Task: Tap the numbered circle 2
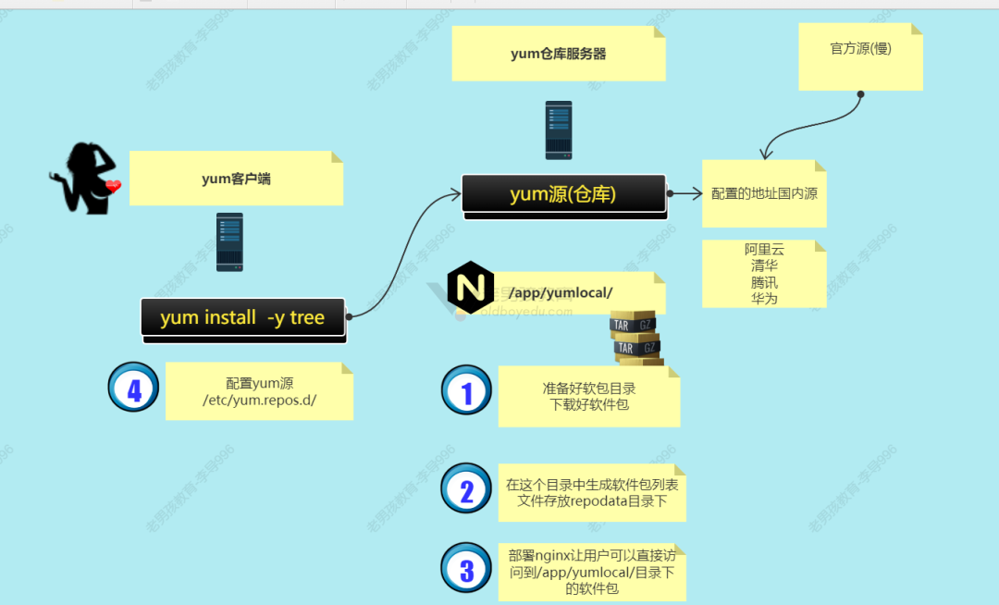(466, 489)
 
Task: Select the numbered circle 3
(466, 568)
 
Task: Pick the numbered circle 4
(133, 388)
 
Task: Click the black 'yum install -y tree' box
(242, 317)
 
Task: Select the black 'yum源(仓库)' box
(563, 194)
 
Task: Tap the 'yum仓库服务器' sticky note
(558, 54)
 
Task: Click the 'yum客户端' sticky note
(236, 179)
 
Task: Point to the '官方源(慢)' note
(860, 50)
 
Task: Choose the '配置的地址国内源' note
(764, 194)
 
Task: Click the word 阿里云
(764, 250)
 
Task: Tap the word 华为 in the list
(764, 299)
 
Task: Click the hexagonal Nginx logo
(470, 288)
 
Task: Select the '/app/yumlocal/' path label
(573, 292)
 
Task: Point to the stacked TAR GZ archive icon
(635, 338)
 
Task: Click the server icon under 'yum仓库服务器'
(558, 130)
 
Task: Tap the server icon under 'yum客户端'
(229, 241)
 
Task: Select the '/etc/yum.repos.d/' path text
(260, 400)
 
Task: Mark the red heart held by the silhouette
(113, 187)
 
